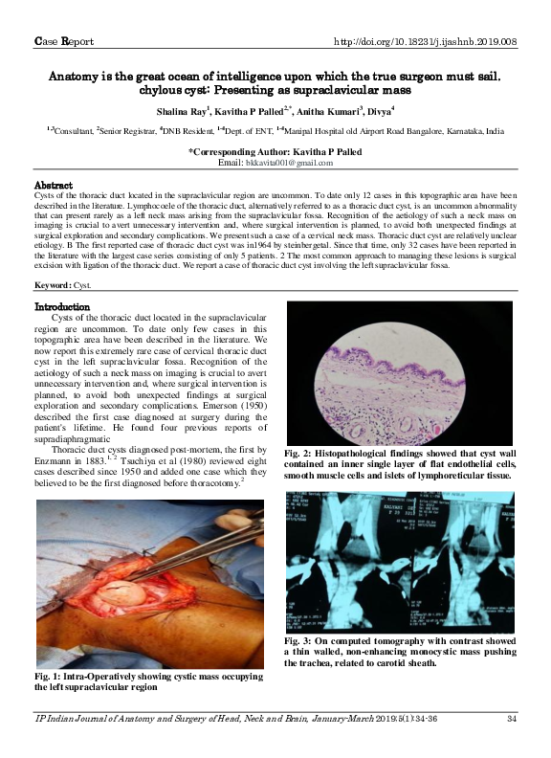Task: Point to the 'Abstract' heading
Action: [55, 183]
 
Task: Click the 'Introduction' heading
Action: [62, 306]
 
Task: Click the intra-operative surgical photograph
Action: [149, 585]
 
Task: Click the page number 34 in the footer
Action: [512, 719]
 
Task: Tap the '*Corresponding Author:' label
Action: [250, 152]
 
